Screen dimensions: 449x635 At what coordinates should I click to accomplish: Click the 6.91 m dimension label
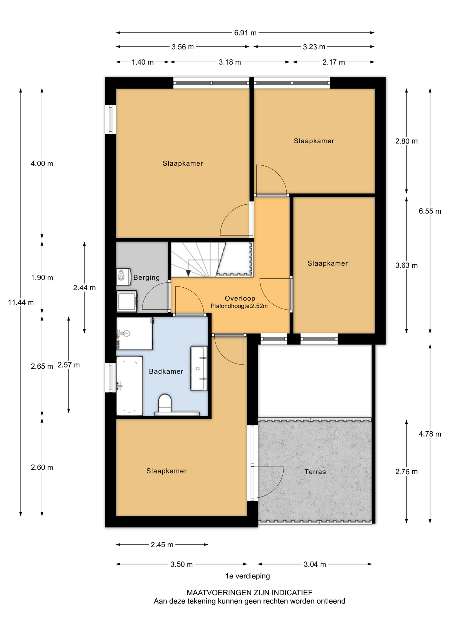tap(245, 33)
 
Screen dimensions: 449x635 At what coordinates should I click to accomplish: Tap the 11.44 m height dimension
tap(21, 302)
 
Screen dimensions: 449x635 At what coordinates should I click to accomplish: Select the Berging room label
tap(146, 277)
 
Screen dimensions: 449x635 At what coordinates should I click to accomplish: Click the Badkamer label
tap(166, 371)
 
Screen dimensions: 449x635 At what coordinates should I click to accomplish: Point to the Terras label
tap(315, 472)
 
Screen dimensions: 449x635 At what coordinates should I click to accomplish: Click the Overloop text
tap(240, 298)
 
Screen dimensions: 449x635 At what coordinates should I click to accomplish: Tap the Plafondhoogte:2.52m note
tap(239, 306)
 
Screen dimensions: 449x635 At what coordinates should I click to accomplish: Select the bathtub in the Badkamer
tap(130, 386)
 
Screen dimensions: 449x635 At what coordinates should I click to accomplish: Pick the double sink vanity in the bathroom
tap(199, 368)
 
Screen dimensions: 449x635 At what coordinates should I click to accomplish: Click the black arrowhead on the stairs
tap(188, 273)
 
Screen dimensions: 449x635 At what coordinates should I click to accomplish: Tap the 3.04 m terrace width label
tap(315, 564)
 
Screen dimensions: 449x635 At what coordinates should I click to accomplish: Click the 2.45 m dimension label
tap(162, 545)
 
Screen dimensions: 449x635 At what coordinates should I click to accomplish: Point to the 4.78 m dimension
tap(430, 434)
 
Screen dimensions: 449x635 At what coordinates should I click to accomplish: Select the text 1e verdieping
tap(248, 576)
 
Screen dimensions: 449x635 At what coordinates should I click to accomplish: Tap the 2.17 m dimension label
tap(334, 62)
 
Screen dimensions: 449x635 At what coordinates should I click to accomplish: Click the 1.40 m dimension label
tap(143, 62)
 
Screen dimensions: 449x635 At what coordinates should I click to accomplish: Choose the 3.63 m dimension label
tap(406, 265)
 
